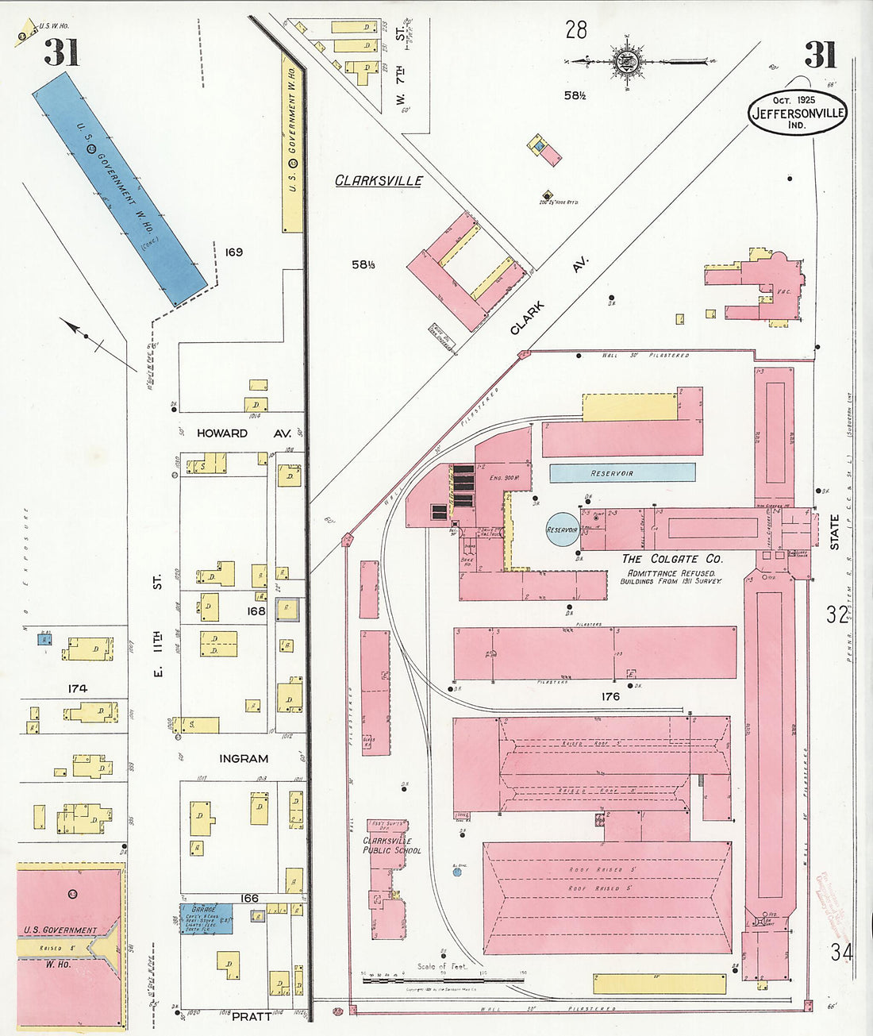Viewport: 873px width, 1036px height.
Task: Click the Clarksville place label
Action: tap(379, 180)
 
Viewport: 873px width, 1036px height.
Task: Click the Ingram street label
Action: tap(244, 758)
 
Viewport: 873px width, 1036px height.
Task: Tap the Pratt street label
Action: tap(251, 1015)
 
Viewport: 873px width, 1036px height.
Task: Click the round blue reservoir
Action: tap(562, 530)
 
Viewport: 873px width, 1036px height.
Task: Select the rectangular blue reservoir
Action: tap(622, 473)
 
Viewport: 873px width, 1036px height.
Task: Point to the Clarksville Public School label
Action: tap(392, 845)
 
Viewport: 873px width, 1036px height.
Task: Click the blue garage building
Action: tap(206, 919)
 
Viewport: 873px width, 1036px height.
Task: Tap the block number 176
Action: tap(610, 696)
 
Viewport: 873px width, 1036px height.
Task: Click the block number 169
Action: tap(233, 252)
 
